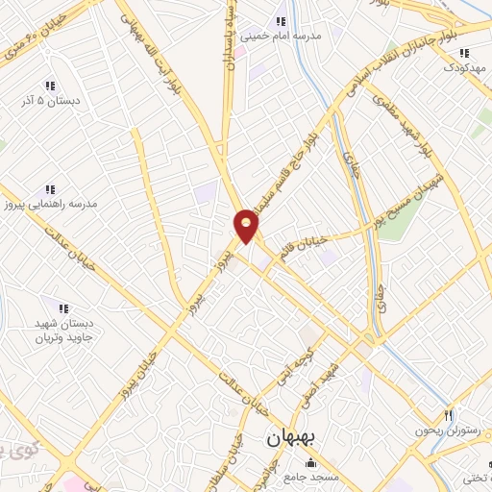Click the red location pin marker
click(x=247, y=225)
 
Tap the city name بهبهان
click(x=295, y=437)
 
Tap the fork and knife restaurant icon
click(x=448, y=415)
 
